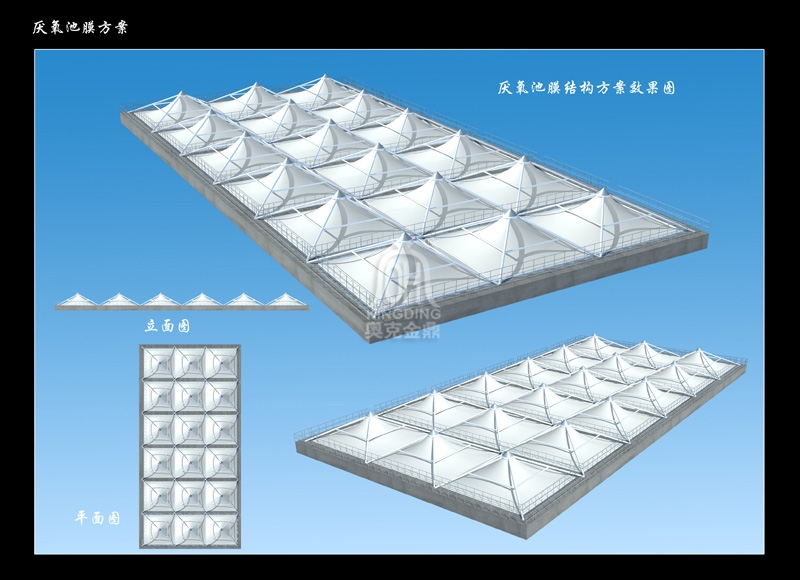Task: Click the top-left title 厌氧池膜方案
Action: pyautogui.click(x=80, y=27)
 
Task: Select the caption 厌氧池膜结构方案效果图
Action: pyautogui.click(x=587, y=88)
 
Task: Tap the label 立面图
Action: pyautogui.click(x=167, y=325)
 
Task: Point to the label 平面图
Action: pyautogui.click(x=97, y=518)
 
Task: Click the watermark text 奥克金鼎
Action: pyautogui.click(x=403, y=331)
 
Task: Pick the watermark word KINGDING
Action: pyautogui.click(x=403, y=313)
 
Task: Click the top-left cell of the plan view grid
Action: pyautogui.click(x=158, y=364)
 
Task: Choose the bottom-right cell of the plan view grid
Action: pyautogui.click(x=221, y=529)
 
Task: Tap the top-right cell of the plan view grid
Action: pyautogui.click(x=221, y=364)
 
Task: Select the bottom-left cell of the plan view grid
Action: pyautogui.click(x=158, y=529)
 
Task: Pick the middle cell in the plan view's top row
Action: pyautogui.click(x=190, y=364)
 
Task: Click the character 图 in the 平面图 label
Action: pyautogui.click(x=113, y=518)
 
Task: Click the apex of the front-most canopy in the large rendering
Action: pyautogui.click(x=406, y=235)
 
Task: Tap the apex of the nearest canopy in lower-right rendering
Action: pyautogui.click(x=506, y=453)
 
